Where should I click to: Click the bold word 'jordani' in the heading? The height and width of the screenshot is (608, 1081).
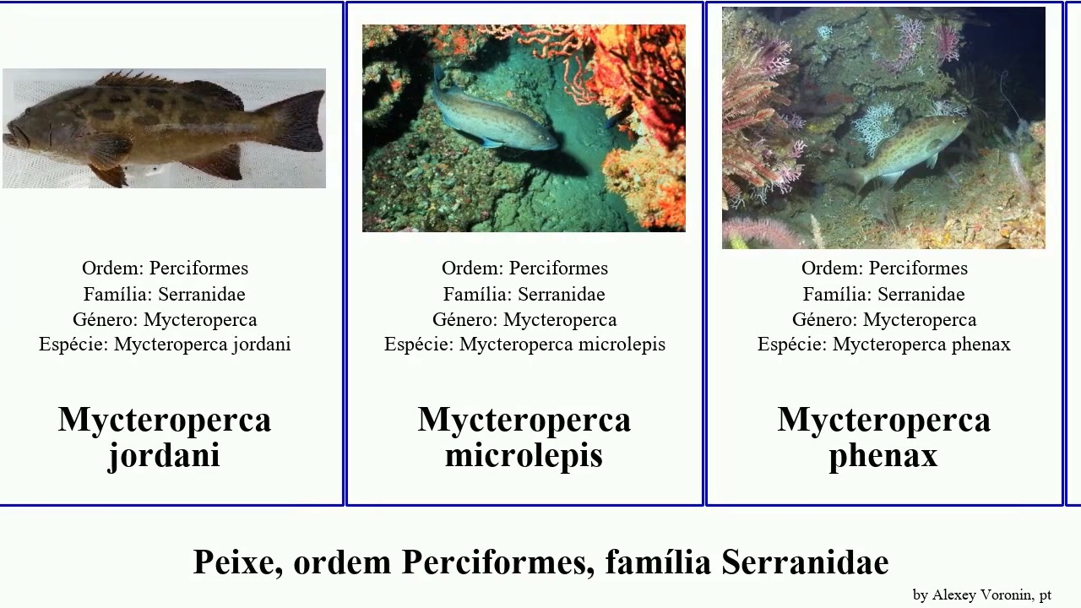tap(164, 456)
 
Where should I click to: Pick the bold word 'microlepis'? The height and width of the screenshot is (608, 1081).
tap(524, 456)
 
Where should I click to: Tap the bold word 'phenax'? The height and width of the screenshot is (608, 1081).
tap(883, 456)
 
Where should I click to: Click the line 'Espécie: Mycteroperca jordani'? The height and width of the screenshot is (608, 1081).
tap(165, 345)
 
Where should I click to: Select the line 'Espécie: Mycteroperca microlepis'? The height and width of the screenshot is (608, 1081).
tap(524, 345)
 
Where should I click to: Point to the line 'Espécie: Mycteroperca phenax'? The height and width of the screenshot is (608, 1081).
tap(883, 345)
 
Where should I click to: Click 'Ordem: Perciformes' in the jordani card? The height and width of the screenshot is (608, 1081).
tap(165, 269)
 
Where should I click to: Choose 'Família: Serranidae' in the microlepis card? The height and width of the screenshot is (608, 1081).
tap(524, 294)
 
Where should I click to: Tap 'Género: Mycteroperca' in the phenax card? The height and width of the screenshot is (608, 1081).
tap(883, 319)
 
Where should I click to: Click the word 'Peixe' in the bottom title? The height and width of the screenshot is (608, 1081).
tap(237, 562)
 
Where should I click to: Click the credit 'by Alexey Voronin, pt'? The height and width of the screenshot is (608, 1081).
tap(981, 595)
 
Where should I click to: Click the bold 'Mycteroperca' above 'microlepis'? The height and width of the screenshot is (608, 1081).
tap(524, 420)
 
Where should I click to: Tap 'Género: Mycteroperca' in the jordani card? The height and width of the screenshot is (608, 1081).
tap(165, 319)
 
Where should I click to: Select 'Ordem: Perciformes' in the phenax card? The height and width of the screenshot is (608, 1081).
tap(883, 269)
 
